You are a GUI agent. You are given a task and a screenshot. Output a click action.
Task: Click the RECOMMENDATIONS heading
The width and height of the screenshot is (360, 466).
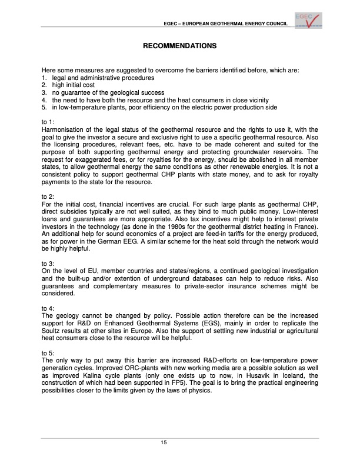180,46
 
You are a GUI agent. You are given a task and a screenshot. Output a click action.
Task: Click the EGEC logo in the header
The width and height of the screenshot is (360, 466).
308,20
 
